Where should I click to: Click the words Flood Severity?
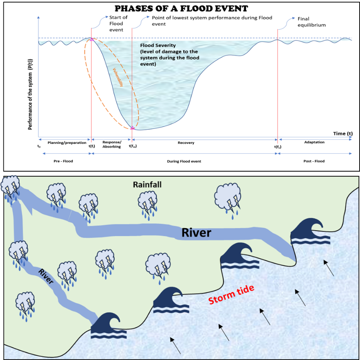(158, 45)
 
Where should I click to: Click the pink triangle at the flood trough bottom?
(132, 128)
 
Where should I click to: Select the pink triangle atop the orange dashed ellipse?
(91, 39)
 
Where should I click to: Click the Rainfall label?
(147, 184)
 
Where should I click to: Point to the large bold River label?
(196, 232)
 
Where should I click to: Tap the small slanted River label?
(46, 277)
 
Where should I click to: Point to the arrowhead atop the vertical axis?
(39, 17)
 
